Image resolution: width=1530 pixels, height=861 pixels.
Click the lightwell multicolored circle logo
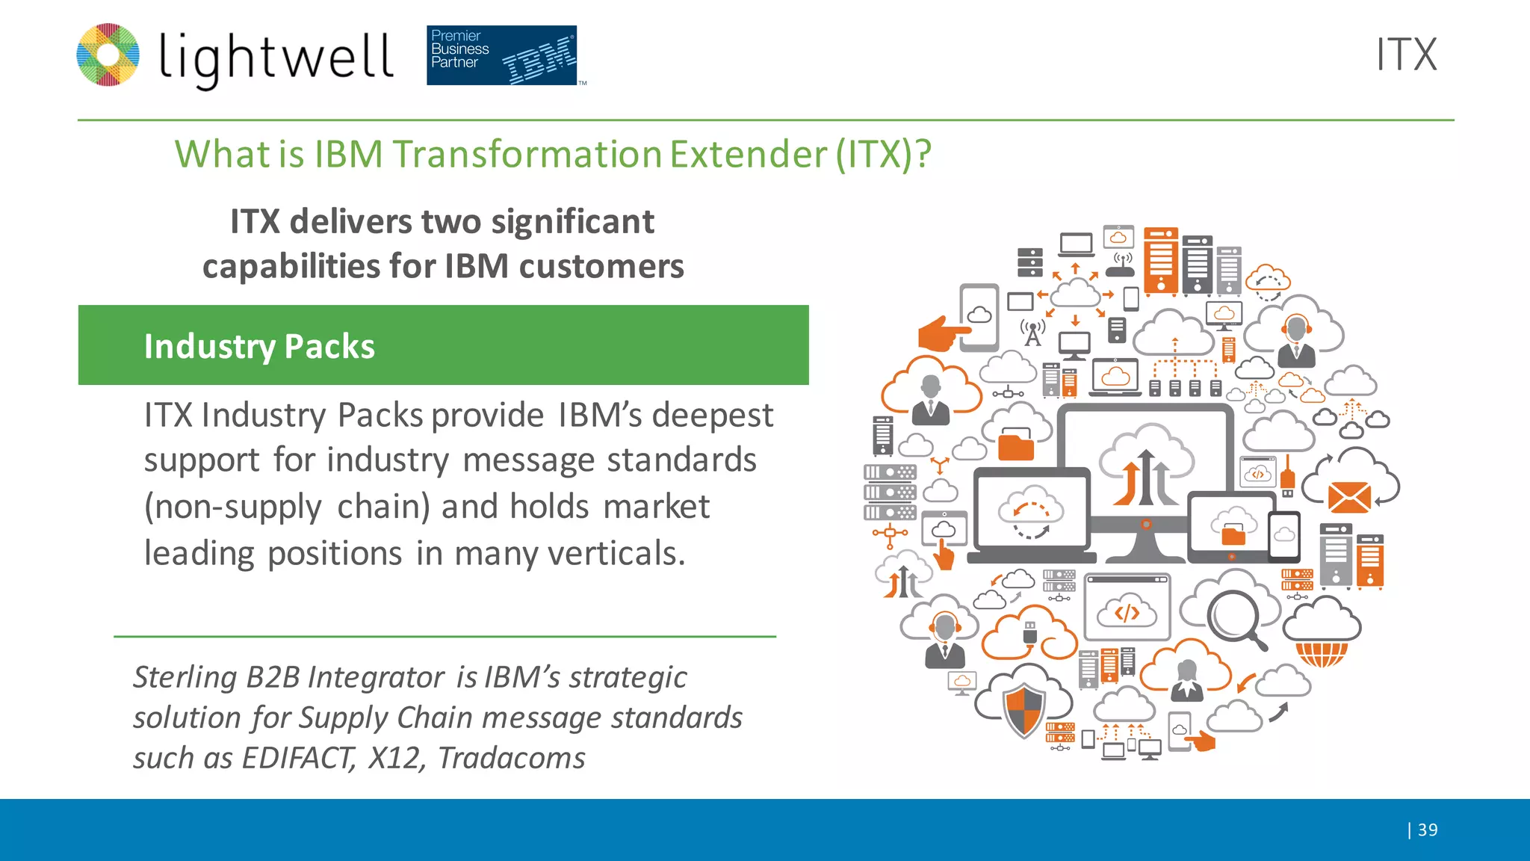(108, 55)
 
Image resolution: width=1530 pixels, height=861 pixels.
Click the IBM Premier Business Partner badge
(501, 55)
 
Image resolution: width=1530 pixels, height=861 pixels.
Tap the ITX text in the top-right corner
(1406, 55)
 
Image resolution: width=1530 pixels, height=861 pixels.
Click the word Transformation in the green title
(527, 155)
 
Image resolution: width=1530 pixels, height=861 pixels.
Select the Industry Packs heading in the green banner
(259, 347)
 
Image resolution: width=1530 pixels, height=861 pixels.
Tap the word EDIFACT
(297, 758)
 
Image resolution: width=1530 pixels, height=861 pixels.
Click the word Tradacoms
(511, 758)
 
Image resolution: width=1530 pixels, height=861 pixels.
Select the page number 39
(1427, 830)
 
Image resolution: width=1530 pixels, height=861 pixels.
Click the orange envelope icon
(1349, 497)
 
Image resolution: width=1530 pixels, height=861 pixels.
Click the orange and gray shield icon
(1023, 710)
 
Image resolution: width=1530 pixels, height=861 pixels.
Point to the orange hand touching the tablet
(943, 332)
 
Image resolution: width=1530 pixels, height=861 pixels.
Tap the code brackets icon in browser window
(1127, 613)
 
